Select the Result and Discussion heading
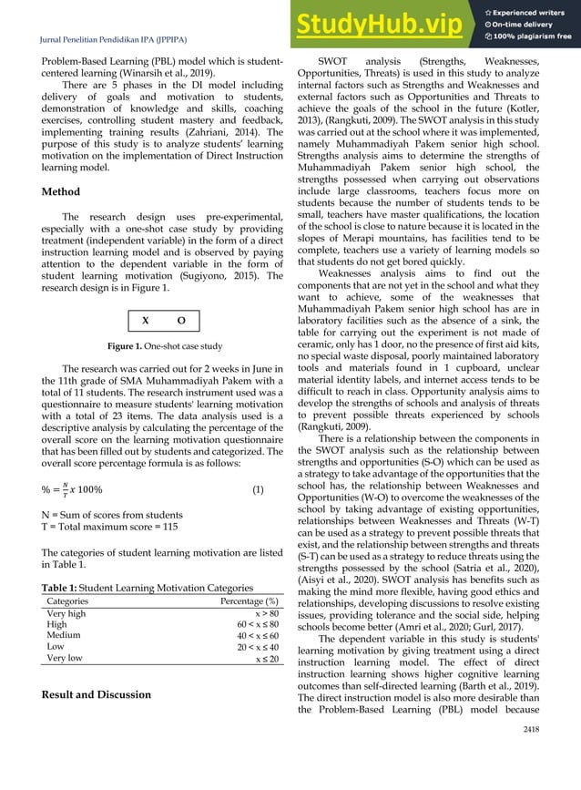coord(98,695)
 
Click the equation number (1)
coord(258,488)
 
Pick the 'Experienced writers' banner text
coord(529,12)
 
